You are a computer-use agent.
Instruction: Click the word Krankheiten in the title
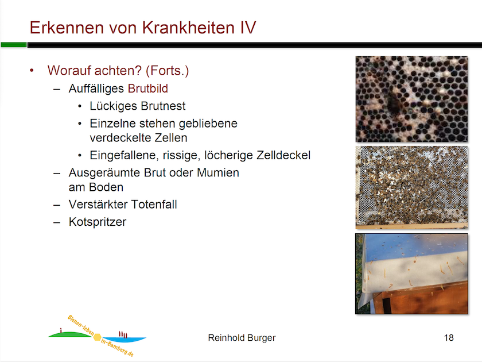(188, 28)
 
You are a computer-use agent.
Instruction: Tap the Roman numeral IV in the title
(248, 28)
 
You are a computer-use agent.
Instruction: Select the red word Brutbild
(148, 88)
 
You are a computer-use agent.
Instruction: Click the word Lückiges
(113, 106)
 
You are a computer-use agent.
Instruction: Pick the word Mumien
(218, 173)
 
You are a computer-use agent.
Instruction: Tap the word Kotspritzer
(98, 222)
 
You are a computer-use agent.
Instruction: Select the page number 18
(449, 338)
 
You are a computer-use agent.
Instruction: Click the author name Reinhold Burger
(242, 338)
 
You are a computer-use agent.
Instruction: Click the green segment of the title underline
(14, 45)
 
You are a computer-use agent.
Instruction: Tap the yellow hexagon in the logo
(98, 337)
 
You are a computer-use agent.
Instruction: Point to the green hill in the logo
(70, 334)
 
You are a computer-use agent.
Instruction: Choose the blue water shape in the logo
(124, 339)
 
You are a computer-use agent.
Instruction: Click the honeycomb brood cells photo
(411, 99)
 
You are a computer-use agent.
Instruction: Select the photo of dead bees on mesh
(411, 187)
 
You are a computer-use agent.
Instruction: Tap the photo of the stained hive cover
(411, 274)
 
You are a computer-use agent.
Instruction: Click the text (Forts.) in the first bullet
(167, 71)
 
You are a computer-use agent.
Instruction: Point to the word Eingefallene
(124, 156)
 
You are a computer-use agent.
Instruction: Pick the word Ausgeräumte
(104, 173)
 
